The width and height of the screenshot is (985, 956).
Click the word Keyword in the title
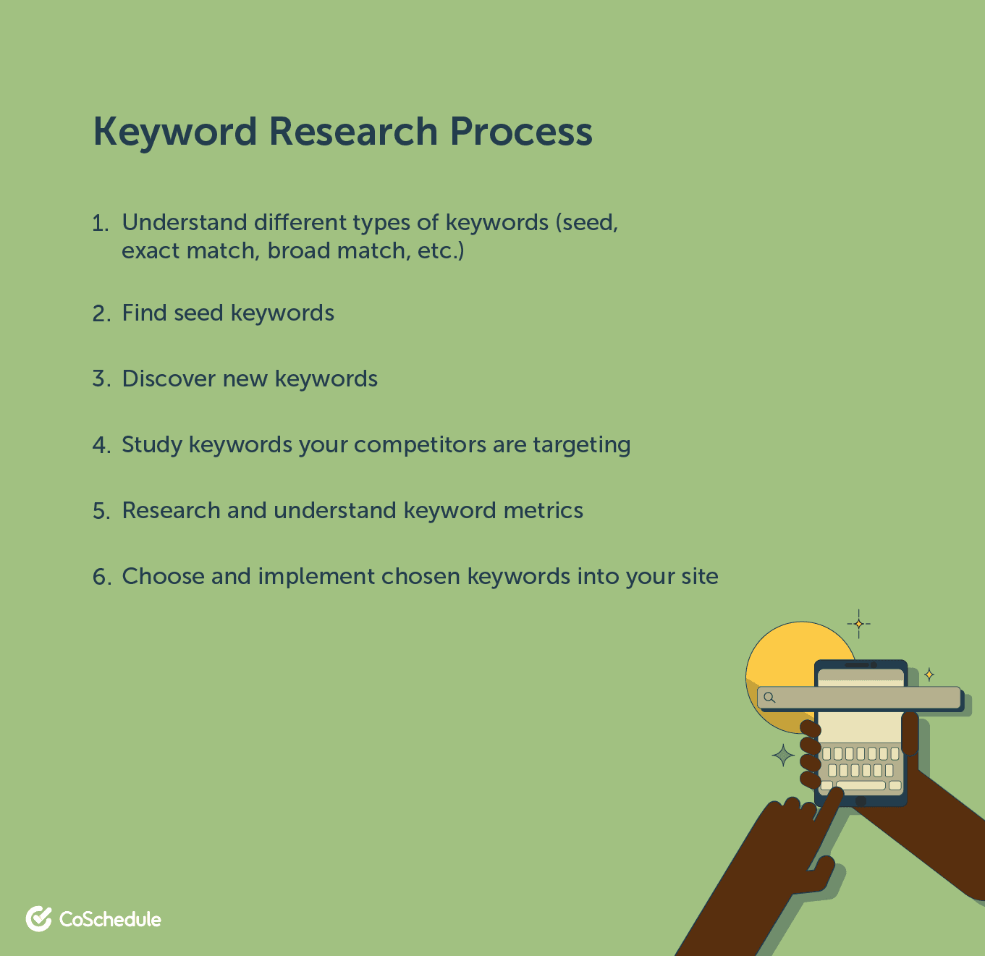click(x=175, y=132)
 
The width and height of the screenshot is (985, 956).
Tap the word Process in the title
click(x=521, y=132)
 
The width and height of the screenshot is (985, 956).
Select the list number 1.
click(x=100, y=223)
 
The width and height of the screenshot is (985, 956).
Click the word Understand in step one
click(x=185, y=222)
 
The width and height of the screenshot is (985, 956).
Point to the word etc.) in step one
click(x=440, y=251)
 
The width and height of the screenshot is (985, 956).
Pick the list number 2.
click(x=101, y=314)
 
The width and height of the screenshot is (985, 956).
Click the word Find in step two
click(x=144, y=313)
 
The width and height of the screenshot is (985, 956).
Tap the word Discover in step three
click(x=169, y=378)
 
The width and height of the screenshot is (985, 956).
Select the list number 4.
click(x=101, y=445)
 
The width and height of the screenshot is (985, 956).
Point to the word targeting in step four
click(x=582, y=445)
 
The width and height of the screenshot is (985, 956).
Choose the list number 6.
click(x=101, y=577)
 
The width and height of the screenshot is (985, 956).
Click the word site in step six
click(x=700, y=577)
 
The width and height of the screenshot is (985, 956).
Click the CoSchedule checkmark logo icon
click(x=39, y=918)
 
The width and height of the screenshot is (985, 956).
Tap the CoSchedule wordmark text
click(x=110, y=919)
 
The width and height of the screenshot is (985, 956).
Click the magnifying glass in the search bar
click(x=769, y=698)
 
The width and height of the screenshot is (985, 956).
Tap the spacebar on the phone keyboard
click(x=861, y=785)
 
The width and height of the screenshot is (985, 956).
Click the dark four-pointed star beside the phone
click(x=784, y=755)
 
